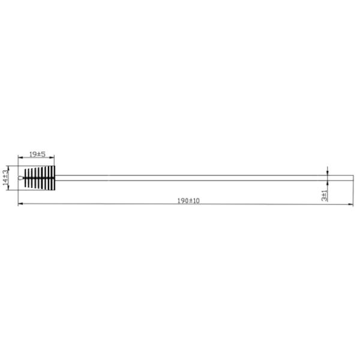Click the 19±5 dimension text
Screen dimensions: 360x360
(38, 155)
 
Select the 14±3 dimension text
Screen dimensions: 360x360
(5, 177)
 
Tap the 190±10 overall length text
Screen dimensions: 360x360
(188, 200)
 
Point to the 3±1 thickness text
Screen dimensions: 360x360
(324, 194)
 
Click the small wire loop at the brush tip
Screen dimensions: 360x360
(22, 178)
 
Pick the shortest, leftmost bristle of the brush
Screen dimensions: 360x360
(26, 178)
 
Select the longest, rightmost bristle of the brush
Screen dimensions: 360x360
(53, 178)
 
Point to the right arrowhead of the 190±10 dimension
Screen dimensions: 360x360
(352, 205)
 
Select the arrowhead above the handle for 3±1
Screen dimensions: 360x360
(328, 173)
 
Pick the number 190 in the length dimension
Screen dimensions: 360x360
(182, 200)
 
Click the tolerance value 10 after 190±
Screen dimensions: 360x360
(196, 200)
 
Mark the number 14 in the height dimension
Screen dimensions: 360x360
(5, 181)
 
